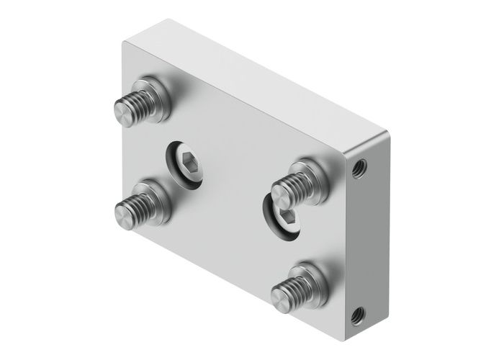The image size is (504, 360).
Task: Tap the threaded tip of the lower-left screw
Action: pyautogui.click(x=125, y=211)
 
